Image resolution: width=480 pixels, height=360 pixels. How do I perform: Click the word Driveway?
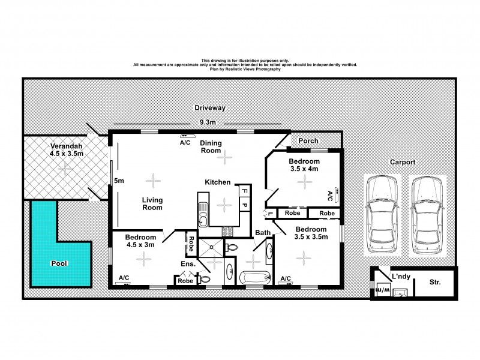click(209, 108)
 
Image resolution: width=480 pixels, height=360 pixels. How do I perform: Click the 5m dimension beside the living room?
click(119, 181)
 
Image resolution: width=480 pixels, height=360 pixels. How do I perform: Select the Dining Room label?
click(211, 147)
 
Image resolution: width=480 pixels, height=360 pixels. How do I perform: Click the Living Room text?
click(152, 204)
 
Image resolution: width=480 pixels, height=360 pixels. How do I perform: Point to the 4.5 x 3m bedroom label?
click(140, 240)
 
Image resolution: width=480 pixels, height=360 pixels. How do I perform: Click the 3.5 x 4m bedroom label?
click(304, 166)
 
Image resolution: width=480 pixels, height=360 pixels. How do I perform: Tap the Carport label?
click(403, 162)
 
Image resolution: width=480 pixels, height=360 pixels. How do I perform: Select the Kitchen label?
click(218, 182)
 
